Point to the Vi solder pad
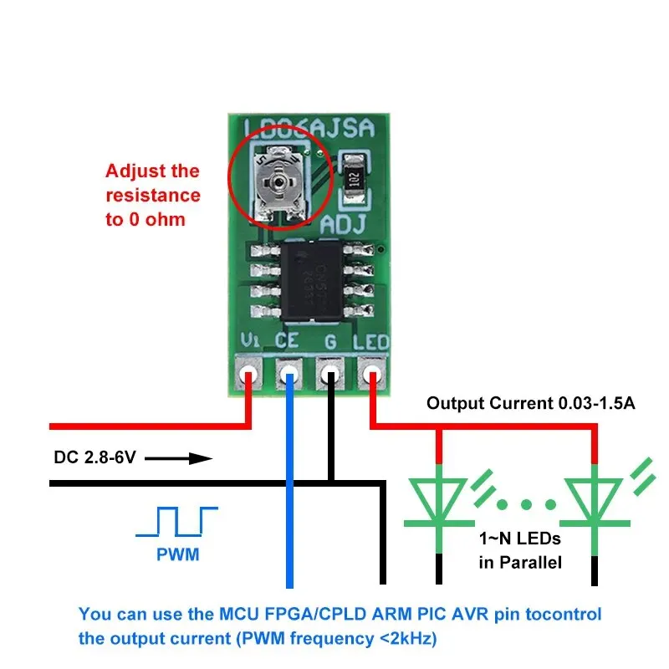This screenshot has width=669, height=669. tap(248, 372)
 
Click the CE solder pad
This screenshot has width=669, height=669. tap(289, 372)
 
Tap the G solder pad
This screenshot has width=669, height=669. tap(330, 372)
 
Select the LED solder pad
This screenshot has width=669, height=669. tap(371, 372)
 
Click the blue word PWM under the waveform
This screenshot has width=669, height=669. tap(177, 554)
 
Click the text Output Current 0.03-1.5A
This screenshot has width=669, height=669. tap(531, 403)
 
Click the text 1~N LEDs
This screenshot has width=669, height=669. tap(518, 539)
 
